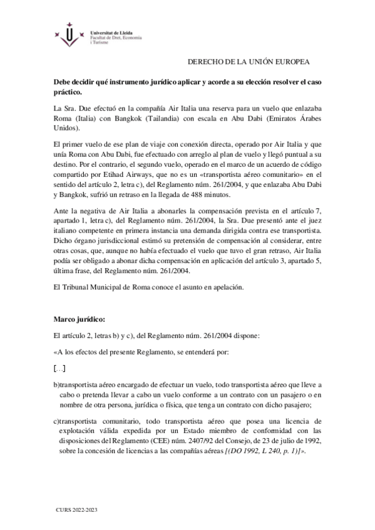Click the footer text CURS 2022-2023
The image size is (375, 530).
76,511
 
